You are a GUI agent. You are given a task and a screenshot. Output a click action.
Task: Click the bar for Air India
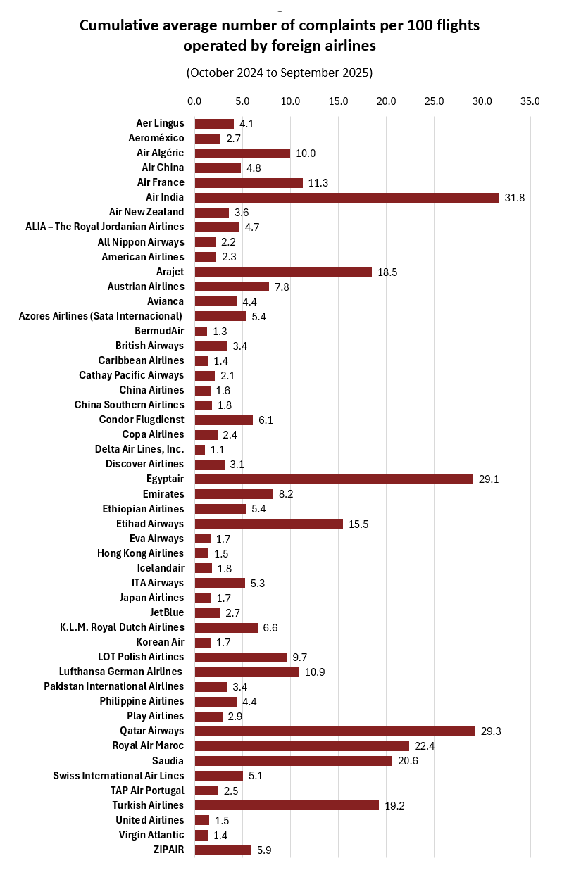(346, 197)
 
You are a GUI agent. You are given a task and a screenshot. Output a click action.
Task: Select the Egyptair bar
(334, 479)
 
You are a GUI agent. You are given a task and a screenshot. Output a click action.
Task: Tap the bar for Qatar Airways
(335, 731)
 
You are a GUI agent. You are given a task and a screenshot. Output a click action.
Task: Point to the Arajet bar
(283, 272)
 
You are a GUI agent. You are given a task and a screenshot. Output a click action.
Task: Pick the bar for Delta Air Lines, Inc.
(200, 449)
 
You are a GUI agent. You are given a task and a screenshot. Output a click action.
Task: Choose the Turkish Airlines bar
(287, 805)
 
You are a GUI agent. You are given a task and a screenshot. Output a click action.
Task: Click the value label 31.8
(515, 198)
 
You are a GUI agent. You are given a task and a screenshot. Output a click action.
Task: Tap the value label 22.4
(425, 746)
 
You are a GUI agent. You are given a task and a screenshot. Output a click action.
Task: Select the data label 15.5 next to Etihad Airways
(358, 524)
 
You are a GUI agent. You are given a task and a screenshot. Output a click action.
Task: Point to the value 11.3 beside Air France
(318, 183)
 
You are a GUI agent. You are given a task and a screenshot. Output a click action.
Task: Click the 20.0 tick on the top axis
(386, 101)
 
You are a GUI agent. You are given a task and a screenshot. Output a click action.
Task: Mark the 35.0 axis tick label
(530, 101)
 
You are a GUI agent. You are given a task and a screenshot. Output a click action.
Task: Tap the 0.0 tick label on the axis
(194, 101)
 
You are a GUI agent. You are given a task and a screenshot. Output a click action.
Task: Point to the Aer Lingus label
(161, 123)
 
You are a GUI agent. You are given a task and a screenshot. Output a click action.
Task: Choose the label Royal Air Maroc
(148, 745)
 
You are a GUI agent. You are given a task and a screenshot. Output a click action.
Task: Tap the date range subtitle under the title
(280, 73)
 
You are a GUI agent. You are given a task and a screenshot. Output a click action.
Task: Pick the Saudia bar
(293, 761)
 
